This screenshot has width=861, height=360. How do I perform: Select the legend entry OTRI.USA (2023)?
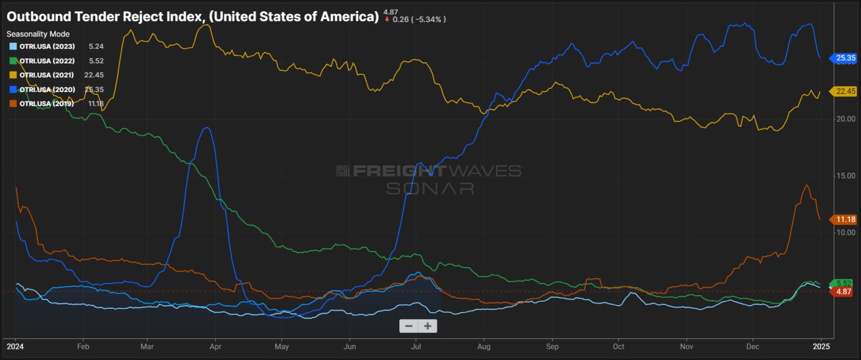[47, 47]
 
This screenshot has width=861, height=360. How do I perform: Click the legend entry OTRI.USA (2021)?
[47, 75]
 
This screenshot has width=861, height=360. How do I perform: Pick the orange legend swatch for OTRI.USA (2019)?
[13, 104]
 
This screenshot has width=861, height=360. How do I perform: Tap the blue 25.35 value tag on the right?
[845, 58]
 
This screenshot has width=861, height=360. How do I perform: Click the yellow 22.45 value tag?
[845, 91]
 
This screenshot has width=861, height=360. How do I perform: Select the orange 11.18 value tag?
[845, 220]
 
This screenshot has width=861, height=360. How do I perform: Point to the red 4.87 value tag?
[843, 292]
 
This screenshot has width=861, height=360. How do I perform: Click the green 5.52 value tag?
[843, 284]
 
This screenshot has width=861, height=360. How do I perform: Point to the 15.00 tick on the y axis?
[845, 176]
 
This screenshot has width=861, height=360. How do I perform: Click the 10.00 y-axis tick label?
[845, 232]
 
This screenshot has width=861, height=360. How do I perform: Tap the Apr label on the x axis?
[215, 347]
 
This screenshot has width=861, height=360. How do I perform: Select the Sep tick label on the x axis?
[552, 347]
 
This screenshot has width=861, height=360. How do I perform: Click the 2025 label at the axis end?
[821, 347]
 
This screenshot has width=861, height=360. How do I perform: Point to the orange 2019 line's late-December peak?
[806, 185]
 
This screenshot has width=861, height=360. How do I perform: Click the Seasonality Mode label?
[38, 34]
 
